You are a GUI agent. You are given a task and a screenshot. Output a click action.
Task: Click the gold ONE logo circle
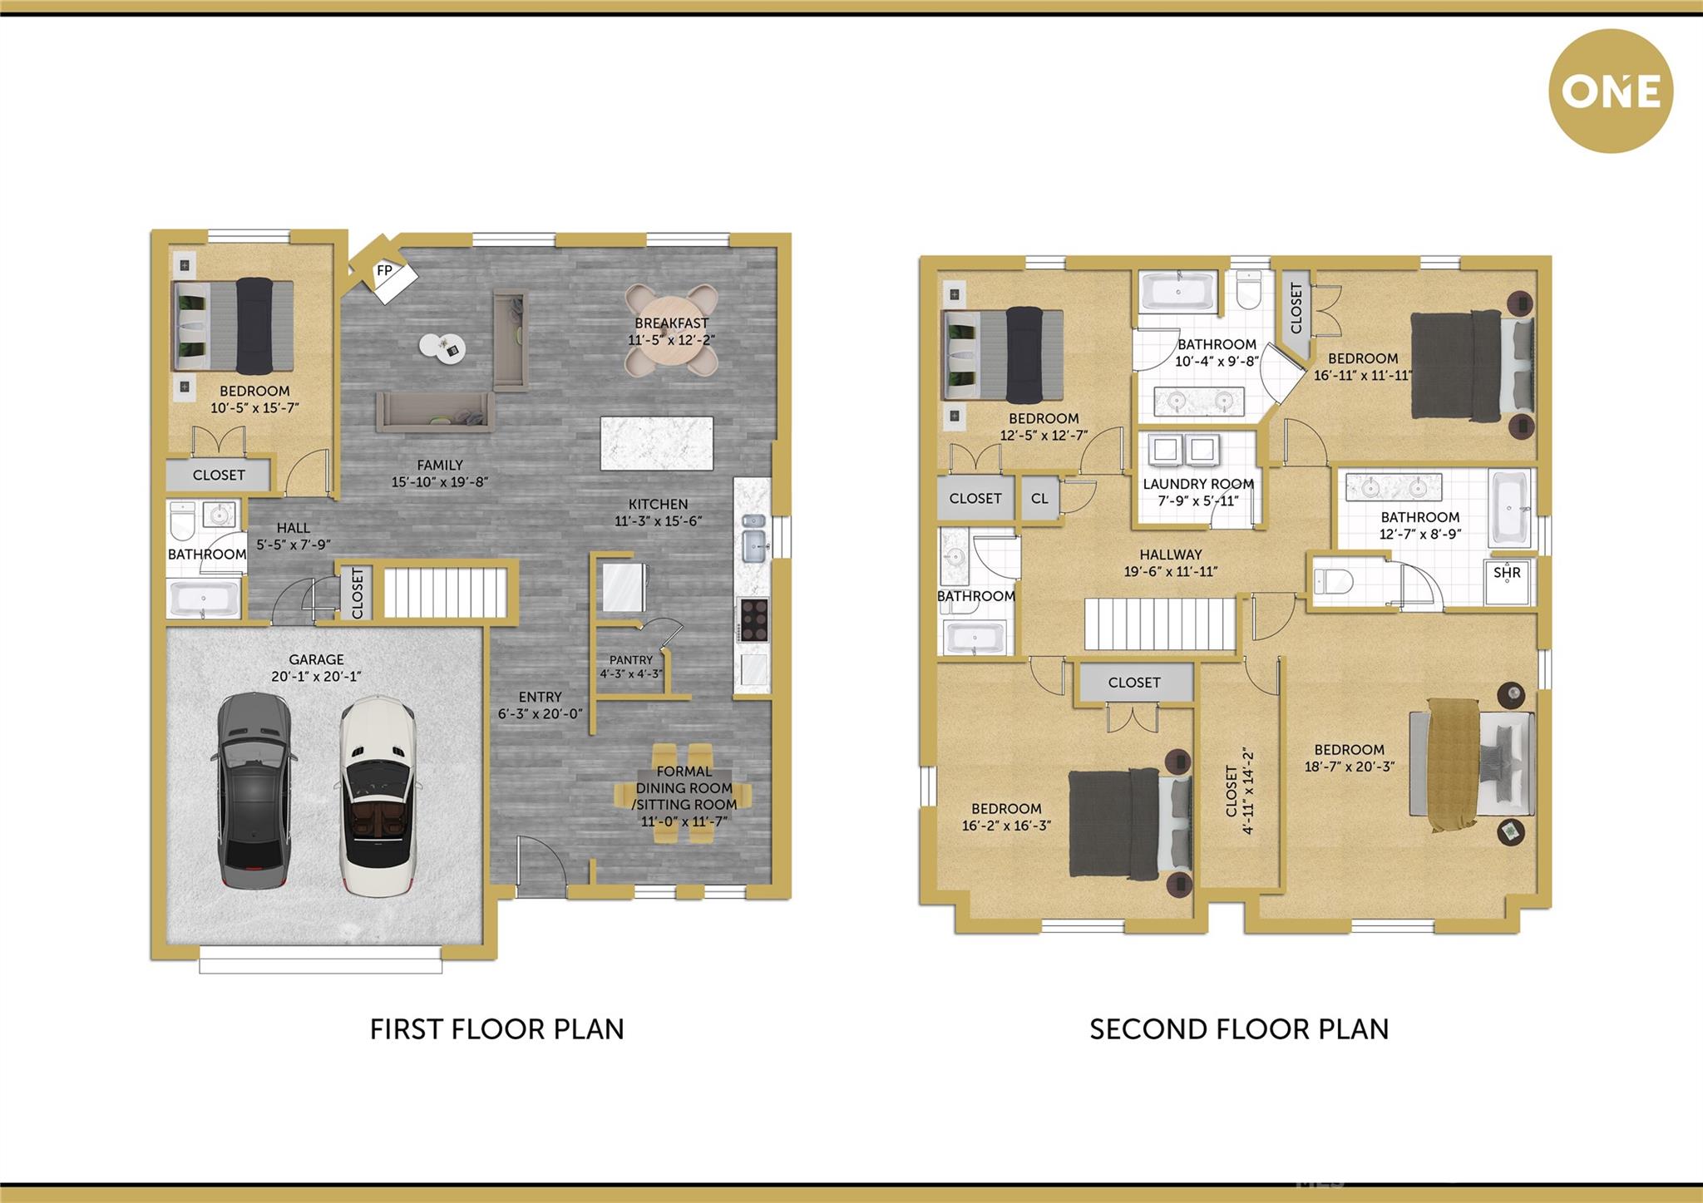tap(1611, 91)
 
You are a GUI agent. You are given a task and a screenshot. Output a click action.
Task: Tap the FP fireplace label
tap(384, 270)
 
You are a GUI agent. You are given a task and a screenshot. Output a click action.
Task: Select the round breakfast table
tap(671, 331)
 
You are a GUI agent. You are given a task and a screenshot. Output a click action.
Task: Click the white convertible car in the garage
tap(378, 796)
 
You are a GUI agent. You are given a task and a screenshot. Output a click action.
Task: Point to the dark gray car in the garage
tap(253, 791)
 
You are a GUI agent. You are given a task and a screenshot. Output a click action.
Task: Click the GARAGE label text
tap(316, 659)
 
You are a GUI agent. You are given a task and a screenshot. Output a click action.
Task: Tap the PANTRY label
tap(631, 659)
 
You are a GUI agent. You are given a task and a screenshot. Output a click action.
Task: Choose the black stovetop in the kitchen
tap(754, 619)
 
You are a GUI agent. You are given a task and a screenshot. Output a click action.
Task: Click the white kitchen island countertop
tap(657, 443)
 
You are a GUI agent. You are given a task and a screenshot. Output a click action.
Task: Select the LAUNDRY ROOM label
tap(1198, 484)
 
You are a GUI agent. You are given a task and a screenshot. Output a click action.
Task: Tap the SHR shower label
tap(1507, 572)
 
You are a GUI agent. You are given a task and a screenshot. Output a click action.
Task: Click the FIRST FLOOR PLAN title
tap(496, 1029)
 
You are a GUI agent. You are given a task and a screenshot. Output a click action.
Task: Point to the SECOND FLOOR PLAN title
tap(1239, 1029)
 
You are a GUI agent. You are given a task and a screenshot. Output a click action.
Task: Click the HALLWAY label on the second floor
tap(1171, 555)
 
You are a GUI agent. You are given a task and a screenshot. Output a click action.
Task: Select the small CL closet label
tap(1039, 498)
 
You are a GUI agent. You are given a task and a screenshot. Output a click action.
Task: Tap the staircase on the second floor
tap(1159, 624)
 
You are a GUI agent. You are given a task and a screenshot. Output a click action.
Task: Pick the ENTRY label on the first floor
tap(541, 697)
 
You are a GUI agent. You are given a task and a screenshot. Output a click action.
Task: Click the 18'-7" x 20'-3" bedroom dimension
tap(1350, 767)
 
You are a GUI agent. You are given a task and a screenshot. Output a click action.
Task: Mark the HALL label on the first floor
tap(294, 528)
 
